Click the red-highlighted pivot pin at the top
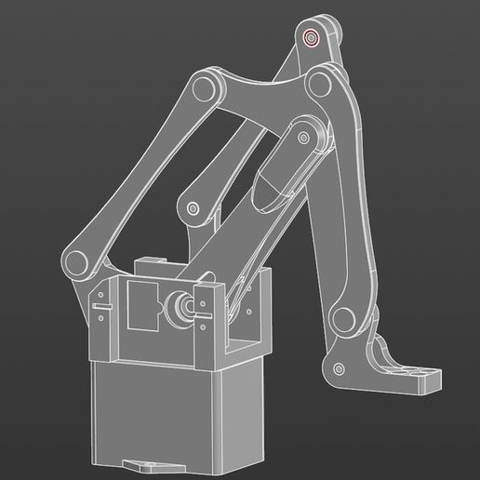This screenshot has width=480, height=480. (311, 38)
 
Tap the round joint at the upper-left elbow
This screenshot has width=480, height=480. (206, 89)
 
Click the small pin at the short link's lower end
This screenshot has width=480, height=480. (193, 208)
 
